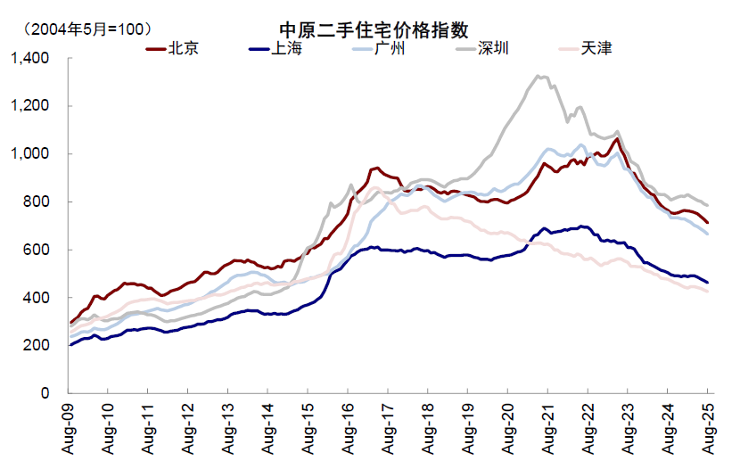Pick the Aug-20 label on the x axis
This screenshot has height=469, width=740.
pos(509,426)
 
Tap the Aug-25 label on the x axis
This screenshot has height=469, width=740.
pos(709,426)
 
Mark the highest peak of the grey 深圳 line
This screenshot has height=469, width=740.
pos(538,76)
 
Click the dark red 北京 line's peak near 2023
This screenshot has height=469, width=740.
pos(617,138)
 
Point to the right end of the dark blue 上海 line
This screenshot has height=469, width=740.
pos(709,283)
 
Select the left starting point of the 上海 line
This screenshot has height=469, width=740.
pos(70,344)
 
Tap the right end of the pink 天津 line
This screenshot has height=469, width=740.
pos(709,292)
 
